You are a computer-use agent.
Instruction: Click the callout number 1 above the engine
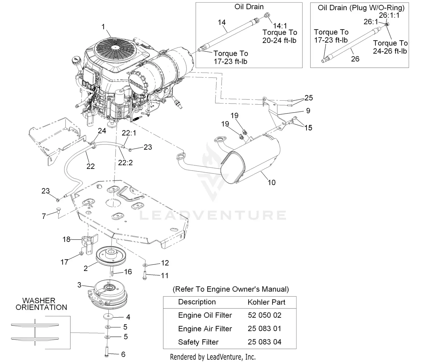103,27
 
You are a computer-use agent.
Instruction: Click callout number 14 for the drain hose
222,22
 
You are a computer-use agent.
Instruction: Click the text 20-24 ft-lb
279,40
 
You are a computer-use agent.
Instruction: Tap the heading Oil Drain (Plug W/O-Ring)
361,8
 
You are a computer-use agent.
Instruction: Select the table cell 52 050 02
264,315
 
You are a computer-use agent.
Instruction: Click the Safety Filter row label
198,342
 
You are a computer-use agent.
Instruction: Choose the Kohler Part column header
266,302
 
